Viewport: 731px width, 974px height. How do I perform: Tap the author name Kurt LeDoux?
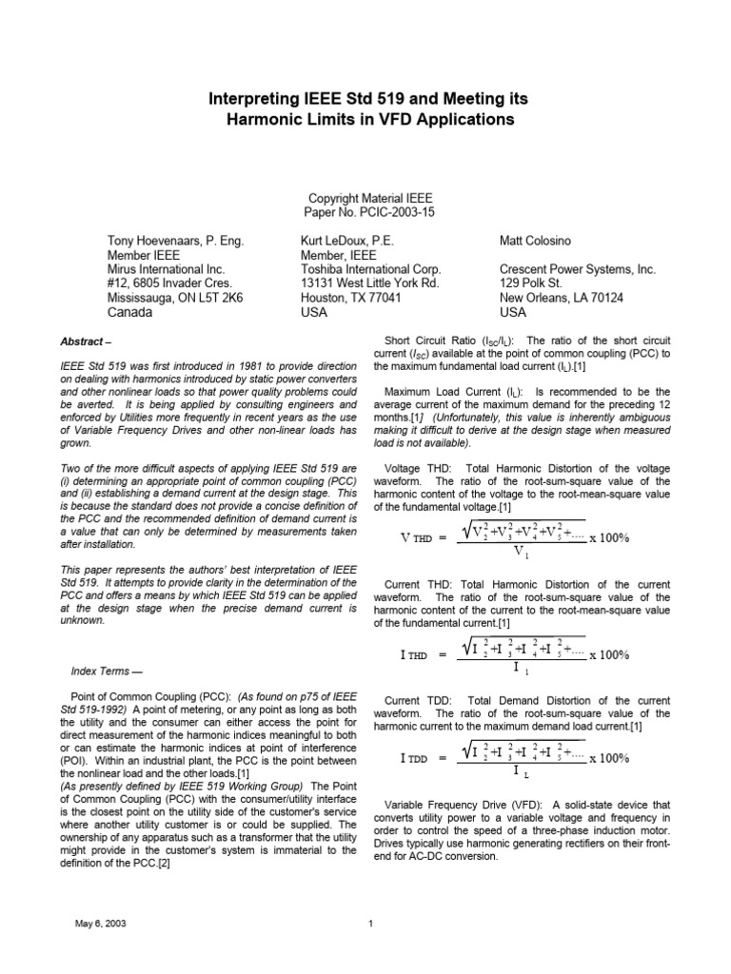pos(340,242)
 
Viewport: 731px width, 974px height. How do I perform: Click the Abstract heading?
pos(85,341)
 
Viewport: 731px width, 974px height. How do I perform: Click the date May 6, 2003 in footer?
pos(98,923)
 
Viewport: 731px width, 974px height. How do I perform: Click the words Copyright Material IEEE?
pos(365,199)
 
